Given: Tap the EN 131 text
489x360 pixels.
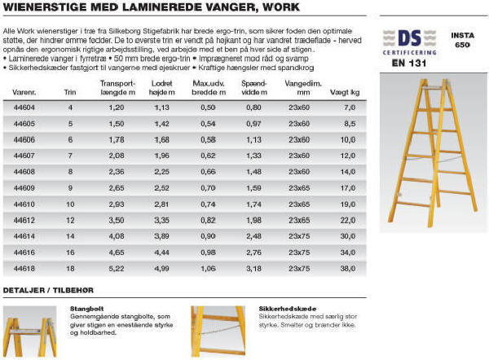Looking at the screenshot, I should pos(410,62).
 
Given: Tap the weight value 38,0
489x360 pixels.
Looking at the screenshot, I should pos(350,266).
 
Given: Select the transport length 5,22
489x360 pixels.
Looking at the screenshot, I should pos(117,266).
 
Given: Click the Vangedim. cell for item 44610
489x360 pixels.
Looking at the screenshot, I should pos(300,203).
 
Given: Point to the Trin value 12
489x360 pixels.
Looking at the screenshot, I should pos(70,219).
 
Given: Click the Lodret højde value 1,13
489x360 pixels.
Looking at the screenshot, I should pos(162,108).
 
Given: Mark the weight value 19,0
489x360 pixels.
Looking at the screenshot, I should pos(350,203).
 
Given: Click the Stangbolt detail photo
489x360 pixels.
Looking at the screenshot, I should pos(33,331).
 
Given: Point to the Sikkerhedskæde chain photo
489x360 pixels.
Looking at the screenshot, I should pos(215,331).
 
